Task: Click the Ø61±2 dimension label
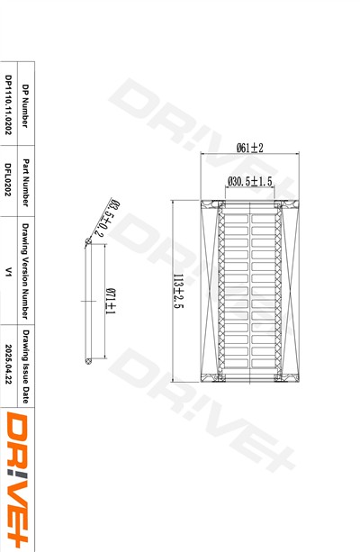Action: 250,148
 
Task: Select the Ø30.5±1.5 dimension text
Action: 250,181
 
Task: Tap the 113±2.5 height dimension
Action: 178,291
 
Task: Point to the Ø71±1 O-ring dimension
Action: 112,302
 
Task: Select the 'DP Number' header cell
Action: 25,105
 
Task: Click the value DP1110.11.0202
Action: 8,104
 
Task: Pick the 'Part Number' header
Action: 25,183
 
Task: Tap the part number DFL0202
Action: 8,179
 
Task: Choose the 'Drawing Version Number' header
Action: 25,271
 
